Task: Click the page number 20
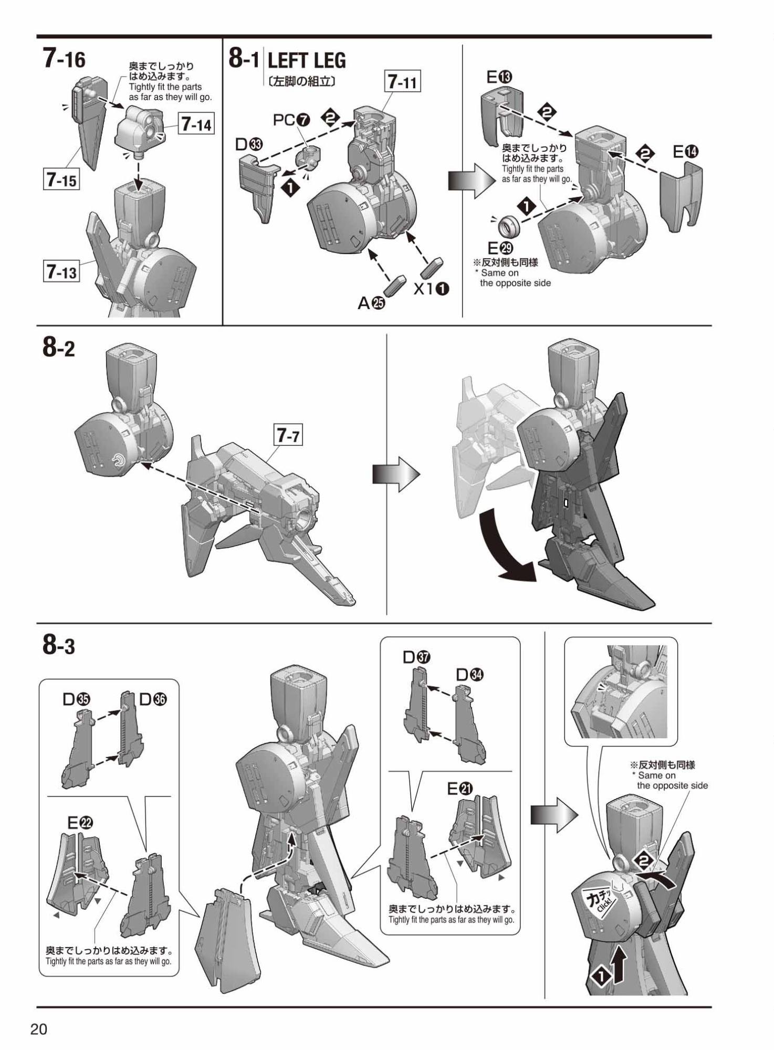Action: coord(39,1028)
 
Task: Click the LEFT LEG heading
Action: coord(307,61)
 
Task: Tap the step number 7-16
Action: coord(64,59)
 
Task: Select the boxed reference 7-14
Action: coord(196,124)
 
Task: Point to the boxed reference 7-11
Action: coord(403,82)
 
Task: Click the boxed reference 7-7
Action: coord(288,435)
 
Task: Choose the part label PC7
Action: coord(291,120)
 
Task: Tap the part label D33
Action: coord(249,144)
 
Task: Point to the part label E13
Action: coord(499,77)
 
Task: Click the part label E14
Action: coord(686,152)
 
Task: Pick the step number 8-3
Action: coord(59,645)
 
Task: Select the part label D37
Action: coord(417,657)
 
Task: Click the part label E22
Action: coord(80,823)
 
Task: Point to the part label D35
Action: coord(77,699)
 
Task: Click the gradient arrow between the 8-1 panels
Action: coord(472,181)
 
